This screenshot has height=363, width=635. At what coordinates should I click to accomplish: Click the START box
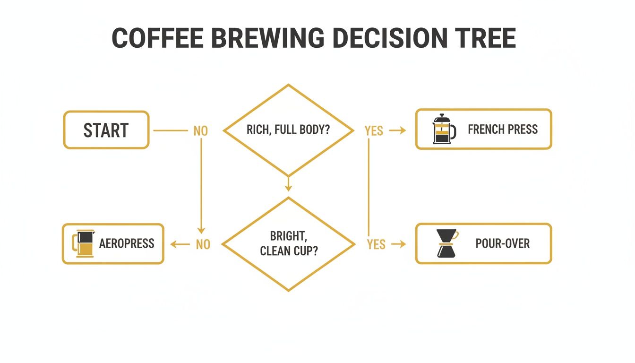point(106,130)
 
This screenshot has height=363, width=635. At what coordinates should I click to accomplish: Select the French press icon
point(443,129)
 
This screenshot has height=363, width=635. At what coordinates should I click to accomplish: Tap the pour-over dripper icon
point(446,243)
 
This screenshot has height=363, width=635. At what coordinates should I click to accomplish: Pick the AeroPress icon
point(84,243)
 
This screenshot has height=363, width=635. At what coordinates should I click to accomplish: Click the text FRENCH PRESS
point(503,130)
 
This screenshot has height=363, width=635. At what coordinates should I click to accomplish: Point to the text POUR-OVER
point(502,244)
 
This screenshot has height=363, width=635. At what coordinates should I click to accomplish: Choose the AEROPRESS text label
point(127,244)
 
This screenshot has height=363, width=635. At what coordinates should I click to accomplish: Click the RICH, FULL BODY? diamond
point(288,130)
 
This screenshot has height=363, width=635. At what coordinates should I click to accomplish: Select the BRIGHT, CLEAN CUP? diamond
point(288,244)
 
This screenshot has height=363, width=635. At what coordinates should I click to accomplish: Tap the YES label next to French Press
point(374,130)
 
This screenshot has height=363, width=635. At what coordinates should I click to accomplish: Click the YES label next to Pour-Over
point(376,244)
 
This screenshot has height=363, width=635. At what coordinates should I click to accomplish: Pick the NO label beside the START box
point(200,130)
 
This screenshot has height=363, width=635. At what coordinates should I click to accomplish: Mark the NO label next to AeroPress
point(203,244)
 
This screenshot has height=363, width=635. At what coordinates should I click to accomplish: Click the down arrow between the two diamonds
point(288,186)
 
